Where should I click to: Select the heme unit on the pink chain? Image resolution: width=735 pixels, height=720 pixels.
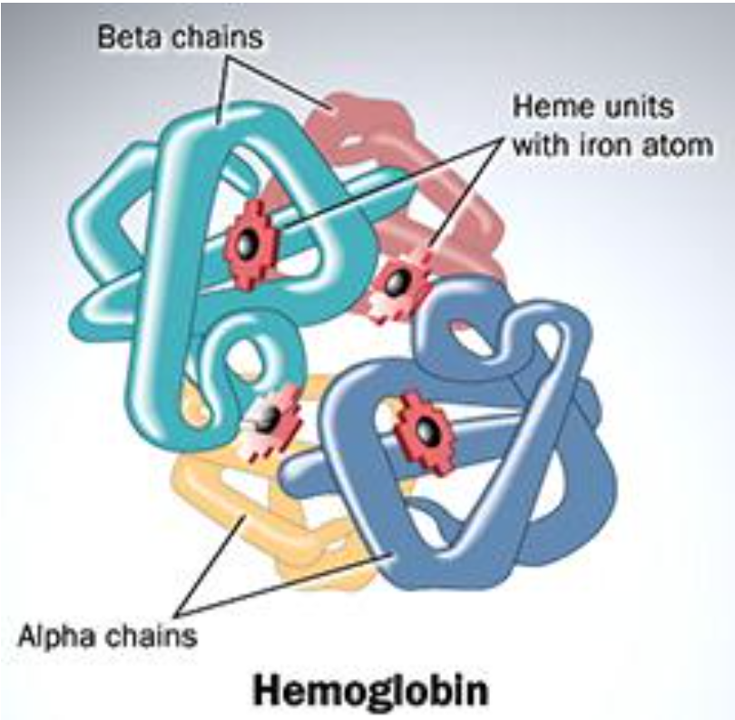coord(396,286)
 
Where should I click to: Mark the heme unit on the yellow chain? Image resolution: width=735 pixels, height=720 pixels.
coord(269,418)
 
